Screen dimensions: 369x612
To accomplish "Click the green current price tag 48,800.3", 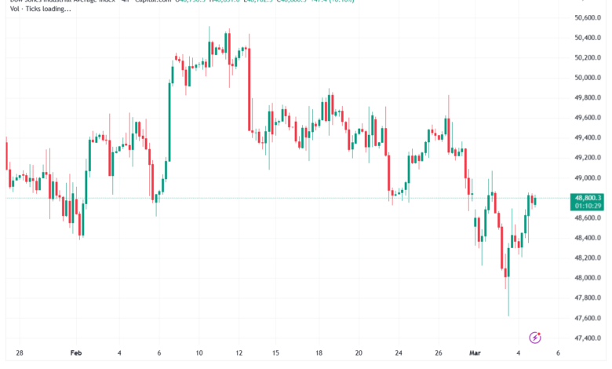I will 588,198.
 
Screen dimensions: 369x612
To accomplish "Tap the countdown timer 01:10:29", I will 588,206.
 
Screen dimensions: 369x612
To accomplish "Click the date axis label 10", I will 199,354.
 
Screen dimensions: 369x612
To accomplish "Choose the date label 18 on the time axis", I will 319,354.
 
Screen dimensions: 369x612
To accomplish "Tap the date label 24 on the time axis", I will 399,354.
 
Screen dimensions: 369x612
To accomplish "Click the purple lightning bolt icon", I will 536,338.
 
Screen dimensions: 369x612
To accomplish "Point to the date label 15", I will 275,354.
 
